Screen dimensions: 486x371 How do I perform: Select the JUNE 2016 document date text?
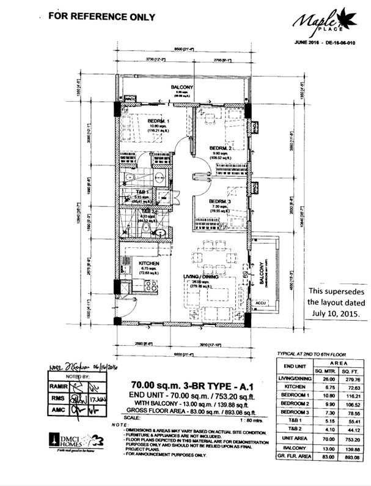(x=306, y=42)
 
